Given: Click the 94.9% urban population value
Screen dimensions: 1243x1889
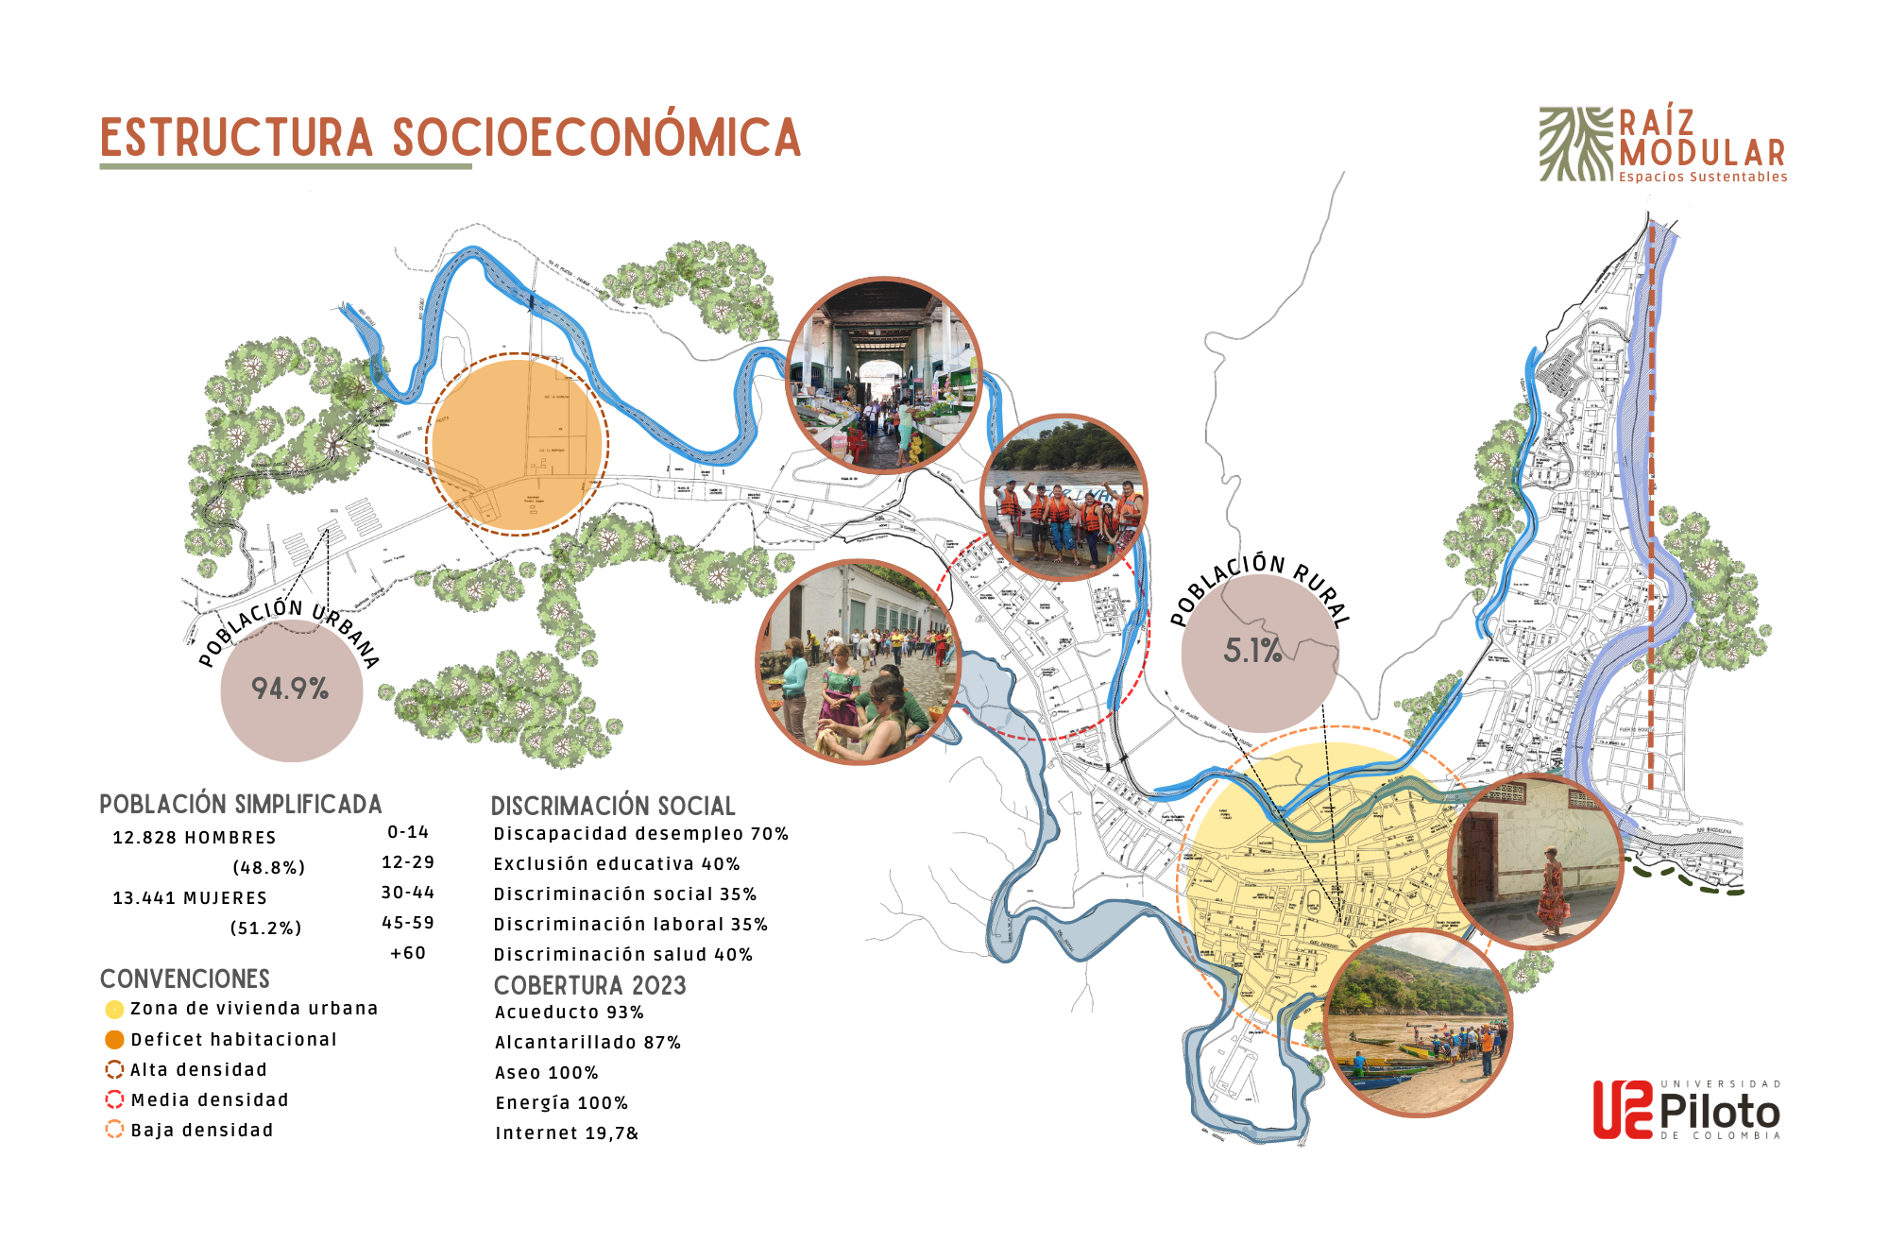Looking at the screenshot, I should click(290, 689).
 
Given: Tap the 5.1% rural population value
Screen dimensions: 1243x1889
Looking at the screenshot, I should click(1252, 650).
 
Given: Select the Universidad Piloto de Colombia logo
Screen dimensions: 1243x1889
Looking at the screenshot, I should click(1686, 1110).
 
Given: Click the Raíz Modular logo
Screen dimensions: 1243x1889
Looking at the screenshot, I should click(1662, 145).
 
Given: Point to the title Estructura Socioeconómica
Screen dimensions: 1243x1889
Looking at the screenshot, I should click(451, 138).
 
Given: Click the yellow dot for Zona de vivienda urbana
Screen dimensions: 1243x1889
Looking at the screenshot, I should click(114, 1010).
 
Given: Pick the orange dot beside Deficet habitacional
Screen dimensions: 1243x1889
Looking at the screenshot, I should click(114, 1040).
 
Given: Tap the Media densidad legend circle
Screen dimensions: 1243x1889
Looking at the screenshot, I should click(114, 1099).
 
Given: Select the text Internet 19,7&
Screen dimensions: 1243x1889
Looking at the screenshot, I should click(567, 1133).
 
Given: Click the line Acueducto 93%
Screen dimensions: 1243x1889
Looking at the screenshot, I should click(569, 1013).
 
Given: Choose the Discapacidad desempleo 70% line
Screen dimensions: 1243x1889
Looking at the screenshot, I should click(640, 834).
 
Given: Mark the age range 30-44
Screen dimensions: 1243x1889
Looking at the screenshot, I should click(408, 893).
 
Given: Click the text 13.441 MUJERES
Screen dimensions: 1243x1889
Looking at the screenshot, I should click(190, 898).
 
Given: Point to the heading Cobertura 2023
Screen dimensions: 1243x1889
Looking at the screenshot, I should click(589, 985).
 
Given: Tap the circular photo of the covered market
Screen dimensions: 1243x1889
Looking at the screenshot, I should click(884, 375).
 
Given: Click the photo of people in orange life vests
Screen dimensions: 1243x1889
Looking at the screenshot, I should click(1064, 498).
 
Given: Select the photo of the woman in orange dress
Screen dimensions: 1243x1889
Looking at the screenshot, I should click(1536, 860).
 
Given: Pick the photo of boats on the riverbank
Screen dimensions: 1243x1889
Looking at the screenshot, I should click(1419, 1023).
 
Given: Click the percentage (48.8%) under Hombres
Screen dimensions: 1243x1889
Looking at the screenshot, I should click(268, 868).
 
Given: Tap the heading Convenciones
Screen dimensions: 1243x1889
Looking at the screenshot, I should click(185, 979).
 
